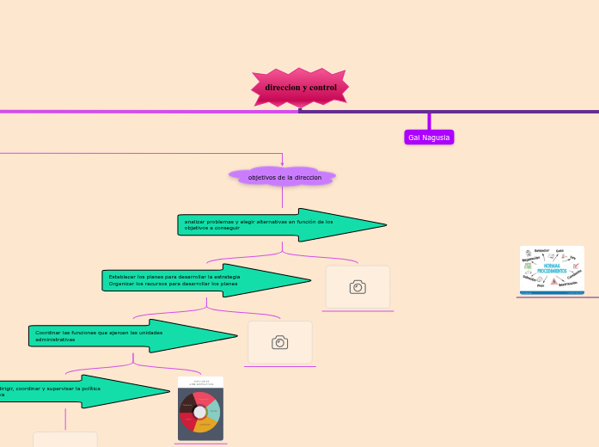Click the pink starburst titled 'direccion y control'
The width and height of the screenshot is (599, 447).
tap(300, 88)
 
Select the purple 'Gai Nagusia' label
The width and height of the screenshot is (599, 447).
tap(429, 138)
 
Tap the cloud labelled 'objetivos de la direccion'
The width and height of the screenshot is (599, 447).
tap(283, 177)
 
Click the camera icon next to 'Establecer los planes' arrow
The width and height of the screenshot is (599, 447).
tap(358, 287)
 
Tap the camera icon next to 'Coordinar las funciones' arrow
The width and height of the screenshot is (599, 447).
tap(279, 342)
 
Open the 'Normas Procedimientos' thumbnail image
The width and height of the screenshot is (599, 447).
tap(552, 270)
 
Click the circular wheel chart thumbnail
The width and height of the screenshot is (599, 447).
tap(200, 409)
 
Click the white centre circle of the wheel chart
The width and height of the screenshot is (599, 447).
tap(200, 413)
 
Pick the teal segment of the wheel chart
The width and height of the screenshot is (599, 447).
tap(213, 410)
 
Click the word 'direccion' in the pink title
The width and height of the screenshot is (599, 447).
tap(282, 88)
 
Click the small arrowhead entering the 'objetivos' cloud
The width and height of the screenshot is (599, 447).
tap(282, 163)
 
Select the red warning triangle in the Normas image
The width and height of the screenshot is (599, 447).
tap(554, 281)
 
